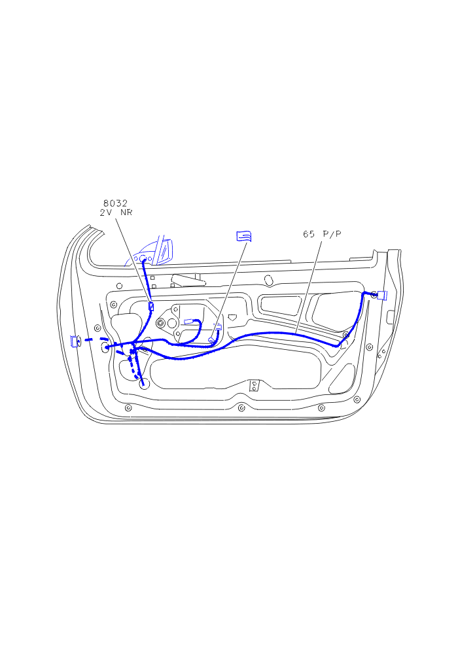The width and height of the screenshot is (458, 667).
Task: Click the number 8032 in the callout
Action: click(115, 203)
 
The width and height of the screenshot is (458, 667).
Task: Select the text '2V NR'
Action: click(116, 213)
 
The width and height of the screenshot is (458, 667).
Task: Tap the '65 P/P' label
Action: click(322, 234)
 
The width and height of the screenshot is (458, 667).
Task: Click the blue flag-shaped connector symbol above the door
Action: click(244, 236)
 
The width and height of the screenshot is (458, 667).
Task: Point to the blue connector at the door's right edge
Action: click(381, 295)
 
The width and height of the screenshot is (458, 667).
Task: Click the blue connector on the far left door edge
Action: click(76, 341)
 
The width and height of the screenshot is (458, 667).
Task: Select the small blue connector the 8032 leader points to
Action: click(150, 306)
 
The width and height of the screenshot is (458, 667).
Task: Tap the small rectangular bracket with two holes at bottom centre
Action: click(254, 386)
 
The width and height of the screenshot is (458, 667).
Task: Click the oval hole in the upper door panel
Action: click(268, 281)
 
